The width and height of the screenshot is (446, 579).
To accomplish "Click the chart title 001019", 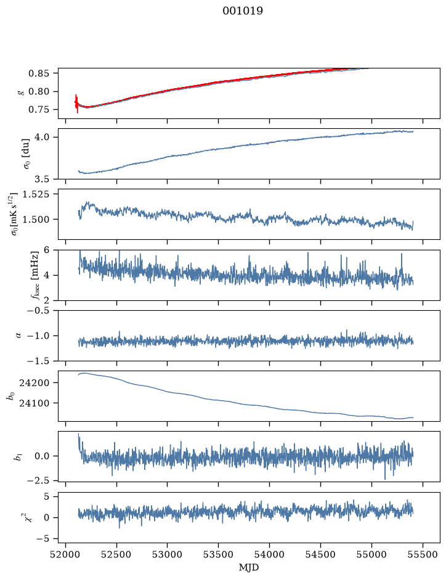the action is (x=242, y=11).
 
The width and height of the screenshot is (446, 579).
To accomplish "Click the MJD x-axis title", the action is (x=249, y=567).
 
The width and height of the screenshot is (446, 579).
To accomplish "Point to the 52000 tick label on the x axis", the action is (x=66, y=554).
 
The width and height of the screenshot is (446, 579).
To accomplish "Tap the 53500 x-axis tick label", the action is (x=219, y=554).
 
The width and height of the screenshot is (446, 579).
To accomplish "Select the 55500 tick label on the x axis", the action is (x=423, y=554).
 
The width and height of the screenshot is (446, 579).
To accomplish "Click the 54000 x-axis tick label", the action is (x=269, y=554).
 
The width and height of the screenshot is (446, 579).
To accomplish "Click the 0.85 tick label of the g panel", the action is (x=38, y=73).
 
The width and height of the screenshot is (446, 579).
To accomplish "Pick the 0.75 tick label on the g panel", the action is (x=38, y=110).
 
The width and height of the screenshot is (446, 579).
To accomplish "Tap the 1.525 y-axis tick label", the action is (x=36, y=194).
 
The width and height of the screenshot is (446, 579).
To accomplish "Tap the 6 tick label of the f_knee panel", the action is (x=46, y=250).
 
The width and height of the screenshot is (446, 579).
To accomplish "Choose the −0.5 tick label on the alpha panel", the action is (x=38, y=311).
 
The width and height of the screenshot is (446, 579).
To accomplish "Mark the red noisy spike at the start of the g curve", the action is (x=76, y=104).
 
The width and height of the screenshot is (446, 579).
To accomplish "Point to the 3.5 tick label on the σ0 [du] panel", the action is (x=43, y=179).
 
